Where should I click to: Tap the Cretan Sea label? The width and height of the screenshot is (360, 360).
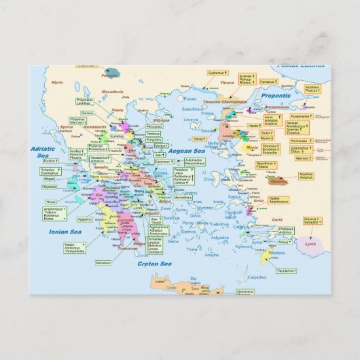click(155, 263)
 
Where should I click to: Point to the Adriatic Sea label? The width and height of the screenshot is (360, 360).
click(40, 151)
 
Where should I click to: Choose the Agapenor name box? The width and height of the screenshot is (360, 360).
click(84, 219)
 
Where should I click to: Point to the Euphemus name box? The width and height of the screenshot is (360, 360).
click(218, 71)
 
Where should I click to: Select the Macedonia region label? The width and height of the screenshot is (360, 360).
click(94, 91)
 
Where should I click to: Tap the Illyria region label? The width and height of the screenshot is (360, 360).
click(58, 82)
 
